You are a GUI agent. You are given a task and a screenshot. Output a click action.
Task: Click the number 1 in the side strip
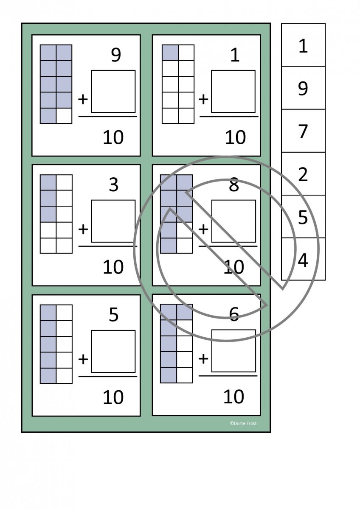pos(303,46)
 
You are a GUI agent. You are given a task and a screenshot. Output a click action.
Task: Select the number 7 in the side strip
pos(303,131)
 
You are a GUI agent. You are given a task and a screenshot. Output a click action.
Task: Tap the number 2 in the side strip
pos(303,174)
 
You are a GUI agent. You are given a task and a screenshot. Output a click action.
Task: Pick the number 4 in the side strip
pos(303,260)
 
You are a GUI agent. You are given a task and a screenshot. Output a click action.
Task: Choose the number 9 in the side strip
pos(303,88)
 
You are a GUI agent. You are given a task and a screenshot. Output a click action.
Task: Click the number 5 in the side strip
pos(303,217)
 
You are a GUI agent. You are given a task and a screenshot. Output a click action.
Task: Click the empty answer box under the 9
pos(113,91)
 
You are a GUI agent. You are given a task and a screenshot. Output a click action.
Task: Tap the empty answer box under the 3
pos(113,221)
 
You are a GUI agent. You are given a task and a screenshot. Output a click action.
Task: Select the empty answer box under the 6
pos(233,351)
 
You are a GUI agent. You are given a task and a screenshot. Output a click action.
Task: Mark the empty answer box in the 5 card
pos(113,351)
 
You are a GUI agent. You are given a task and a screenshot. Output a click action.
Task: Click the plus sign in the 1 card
pos(204,99)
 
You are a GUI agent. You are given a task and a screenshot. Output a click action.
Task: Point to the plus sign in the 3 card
pos(83,229)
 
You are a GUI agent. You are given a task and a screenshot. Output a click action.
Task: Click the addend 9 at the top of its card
pos(115,56)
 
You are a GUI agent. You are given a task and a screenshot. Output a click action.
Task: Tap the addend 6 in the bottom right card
pos(234,313)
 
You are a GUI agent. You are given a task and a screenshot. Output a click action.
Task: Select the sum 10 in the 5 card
pos(113,397)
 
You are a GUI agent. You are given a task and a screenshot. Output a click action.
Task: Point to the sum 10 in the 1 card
pos(235,137)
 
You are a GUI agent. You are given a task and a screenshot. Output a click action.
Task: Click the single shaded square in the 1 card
pos(170,53)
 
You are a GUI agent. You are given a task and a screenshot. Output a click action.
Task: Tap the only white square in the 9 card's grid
pos(64,116)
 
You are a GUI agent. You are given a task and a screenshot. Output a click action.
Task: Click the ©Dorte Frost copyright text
pos(243,423)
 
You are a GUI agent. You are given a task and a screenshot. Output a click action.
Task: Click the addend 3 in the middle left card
pos(113,185)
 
